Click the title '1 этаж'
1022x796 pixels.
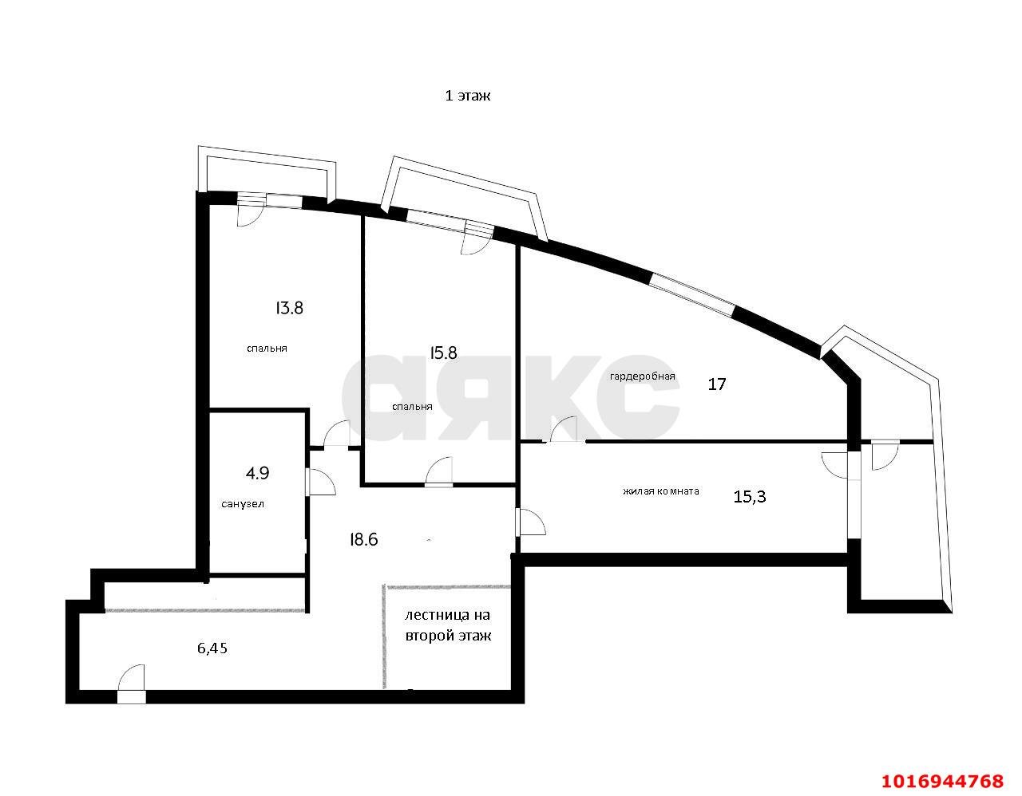[x=468, y=96]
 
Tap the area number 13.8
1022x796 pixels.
[x=289, y=308]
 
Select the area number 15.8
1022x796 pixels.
[x=443, y=353]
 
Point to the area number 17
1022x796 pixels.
[x=717, y=384]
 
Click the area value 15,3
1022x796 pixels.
[x=750, y=496]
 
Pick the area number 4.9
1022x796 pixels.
[x=257, y=473]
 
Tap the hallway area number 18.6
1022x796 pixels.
[x=364, y=540]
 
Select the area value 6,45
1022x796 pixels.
[x=212, y=648]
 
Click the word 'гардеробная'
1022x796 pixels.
[x=643, y=376]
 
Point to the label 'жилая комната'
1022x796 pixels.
[x=661, y=491]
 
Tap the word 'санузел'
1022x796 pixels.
[x=243, y=504]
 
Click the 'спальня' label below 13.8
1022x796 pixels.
[x=267, y=349]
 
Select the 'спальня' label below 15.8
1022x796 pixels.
[x=412, y=407]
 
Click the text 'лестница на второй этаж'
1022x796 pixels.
[x=448, y=625]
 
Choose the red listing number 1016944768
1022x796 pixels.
[x=942, y=781]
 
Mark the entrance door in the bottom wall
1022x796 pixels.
[x=131, y=684]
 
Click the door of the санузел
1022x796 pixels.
[x=320, y=482]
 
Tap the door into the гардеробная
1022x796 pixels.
[x=564, y=429]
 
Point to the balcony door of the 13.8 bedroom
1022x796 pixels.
[x=249, y=210]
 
